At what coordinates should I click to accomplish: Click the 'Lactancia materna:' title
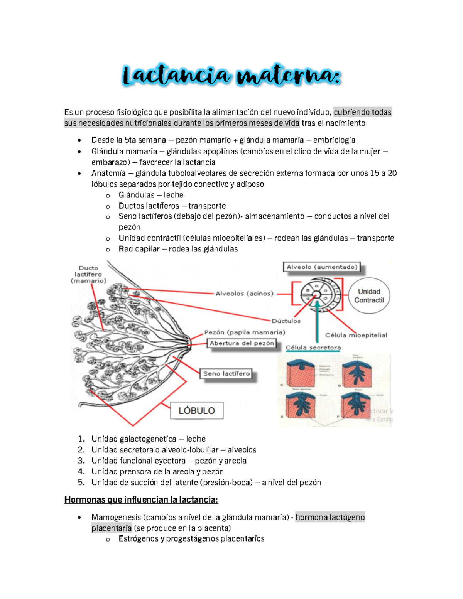[231, 75]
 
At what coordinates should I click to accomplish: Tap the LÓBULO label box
[197, 410]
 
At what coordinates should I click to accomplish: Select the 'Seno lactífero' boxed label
[226, 373]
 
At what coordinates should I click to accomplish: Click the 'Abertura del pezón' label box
[242, 343]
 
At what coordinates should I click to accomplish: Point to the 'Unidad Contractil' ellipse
[369, 296]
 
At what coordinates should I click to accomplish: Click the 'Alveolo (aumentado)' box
[322, 267]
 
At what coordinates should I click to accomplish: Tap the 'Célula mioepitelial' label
[356, 335]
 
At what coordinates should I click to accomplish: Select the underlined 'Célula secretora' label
[313, 348]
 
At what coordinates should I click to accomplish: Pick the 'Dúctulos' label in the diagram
[286, 321]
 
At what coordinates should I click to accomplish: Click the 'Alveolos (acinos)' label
[244, 294]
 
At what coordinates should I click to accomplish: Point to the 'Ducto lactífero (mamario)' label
[88, 274]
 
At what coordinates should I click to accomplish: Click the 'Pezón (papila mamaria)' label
[245, 332]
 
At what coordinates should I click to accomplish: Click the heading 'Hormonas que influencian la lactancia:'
[141, 500]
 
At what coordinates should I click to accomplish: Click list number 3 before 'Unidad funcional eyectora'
[81, 461]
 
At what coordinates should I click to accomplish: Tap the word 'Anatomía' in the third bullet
[108, 173]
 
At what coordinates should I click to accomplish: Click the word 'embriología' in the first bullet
[334, 140]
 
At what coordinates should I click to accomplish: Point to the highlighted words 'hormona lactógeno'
[330, 517]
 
